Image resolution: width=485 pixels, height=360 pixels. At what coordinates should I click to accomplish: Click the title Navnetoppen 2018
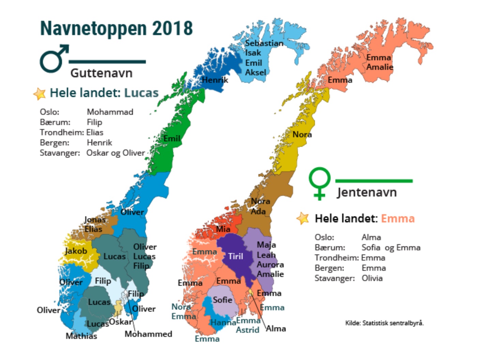coord(116,28)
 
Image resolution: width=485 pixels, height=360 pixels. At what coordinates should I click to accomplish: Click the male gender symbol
coord(54,58)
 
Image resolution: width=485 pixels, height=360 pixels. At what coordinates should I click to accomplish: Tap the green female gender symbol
coord(319,183)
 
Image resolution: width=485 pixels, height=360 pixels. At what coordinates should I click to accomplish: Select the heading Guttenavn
coord(101,73)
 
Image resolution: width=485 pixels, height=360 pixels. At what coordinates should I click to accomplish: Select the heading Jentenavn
coord(367,192)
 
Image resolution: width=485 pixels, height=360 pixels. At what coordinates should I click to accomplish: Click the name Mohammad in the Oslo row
coord(110,112)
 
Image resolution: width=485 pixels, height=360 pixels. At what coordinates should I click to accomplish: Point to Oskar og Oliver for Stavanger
coord(116,153)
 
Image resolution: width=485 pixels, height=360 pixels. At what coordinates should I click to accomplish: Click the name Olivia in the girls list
coord(372,278)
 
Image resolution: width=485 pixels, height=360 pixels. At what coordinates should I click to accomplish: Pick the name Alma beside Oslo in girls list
coord(371,237)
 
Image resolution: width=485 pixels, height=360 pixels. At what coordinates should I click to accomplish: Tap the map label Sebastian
coord(264,43)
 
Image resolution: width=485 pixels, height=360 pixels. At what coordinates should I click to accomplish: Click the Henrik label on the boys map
coord(215,80)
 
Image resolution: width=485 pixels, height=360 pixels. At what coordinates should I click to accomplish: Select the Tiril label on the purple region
coord(236,256)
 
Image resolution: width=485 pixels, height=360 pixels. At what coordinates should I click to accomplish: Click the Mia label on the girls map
coord(223,229)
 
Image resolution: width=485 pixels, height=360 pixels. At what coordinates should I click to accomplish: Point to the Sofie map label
coord(222,300)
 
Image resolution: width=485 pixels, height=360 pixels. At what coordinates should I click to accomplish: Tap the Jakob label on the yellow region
coord(76,251)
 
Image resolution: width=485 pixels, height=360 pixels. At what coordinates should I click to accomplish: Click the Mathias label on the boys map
coord(81,336)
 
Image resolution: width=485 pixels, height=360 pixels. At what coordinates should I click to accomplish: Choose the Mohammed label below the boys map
coord(148,334)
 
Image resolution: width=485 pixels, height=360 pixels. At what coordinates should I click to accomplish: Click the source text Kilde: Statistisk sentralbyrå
coord(384,323)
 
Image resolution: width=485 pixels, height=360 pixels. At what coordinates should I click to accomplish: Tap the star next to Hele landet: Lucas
coord(40,93)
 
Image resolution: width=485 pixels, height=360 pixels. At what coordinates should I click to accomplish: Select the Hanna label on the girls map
coord(223,322)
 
